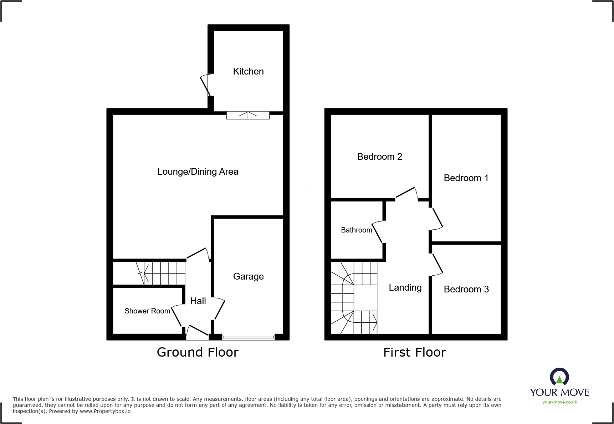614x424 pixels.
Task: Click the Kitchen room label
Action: (248, 71)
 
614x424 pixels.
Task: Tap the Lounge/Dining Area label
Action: (198, 172)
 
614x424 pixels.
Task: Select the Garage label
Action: (248, 276)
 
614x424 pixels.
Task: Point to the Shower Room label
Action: (147, 311)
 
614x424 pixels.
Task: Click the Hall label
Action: (198, 301)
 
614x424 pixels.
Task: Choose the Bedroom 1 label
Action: (466, 178)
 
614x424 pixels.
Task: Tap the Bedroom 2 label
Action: (379, 157)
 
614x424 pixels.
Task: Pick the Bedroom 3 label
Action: (466, 289)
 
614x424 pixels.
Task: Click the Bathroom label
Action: (356, 230)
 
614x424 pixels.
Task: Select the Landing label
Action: (405, 287)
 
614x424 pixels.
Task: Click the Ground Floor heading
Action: (198, 352)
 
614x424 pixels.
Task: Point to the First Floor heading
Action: (414, 352)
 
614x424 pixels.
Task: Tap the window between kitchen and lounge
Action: (248, 115)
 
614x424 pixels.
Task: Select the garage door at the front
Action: (249, 337)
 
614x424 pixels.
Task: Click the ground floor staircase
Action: (160, 273)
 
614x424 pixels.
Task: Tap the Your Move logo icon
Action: (559, 377)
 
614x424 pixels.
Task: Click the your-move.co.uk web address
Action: (559, 402)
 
